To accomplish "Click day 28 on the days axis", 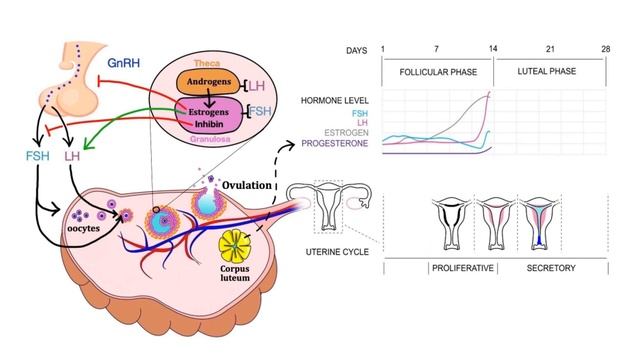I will (x=606, y=49).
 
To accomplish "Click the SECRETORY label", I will (x=551, y=268).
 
